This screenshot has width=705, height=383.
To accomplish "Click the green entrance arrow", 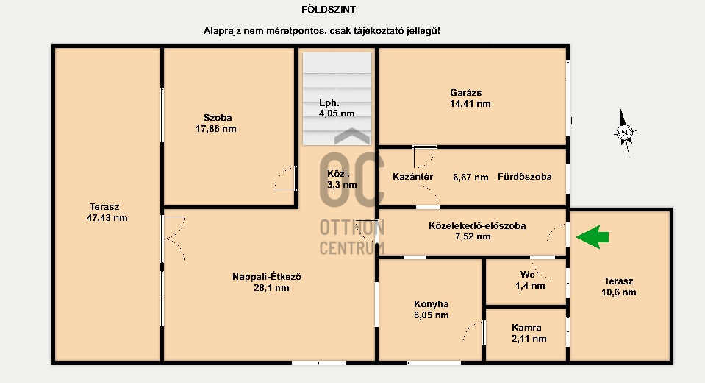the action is coord(593,237).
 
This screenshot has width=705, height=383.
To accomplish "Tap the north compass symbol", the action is coord(625,132).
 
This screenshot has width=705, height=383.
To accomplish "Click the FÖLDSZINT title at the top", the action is coord(329,9).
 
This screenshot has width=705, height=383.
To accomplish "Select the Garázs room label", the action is coord(466,92).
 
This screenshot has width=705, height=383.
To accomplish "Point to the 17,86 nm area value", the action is coord(216,129).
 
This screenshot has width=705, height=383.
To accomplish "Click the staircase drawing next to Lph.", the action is coord(337,99).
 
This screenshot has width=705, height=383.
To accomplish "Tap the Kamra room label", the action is coord(526,328).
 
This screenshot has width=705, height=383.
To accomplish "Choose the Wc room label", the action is coord(527,275).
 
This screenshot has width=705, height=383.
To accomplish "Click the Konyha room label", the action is coord(432,304).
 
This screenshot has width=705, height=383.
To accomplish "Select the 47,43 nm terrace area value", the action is coord(107,218).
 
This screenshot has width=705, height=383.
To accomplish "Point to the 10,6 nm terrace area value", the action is coord(619,292).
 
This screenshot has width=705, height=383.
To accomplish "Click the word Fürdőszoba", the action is coord(525,177).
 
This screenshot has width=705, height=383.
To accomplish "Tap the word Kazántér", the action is coord(412,177).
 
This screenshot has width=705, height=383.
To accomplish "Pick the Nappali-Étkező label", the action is coord(267,277).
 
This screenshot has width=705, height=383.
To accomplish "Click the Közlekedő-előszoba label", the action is coord(477,225).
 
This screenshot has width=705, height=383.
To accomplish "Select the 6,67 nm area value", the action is coord(470,177).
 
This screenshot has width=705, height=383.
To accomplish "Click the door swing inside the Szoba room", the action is coord(286,178).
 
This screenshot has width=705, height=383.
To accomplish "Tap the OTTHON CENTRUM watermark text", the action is coord(352,237).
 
